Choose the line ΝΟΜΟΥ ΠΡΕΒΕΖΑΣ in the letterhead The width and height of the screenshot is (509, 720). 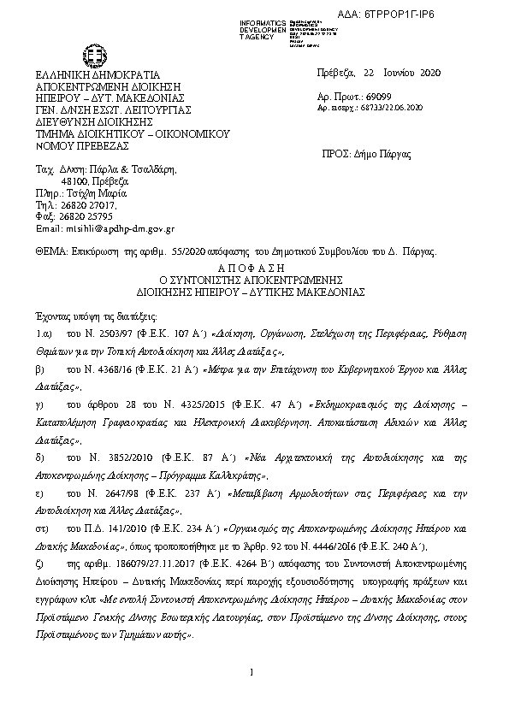point(78,145)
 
